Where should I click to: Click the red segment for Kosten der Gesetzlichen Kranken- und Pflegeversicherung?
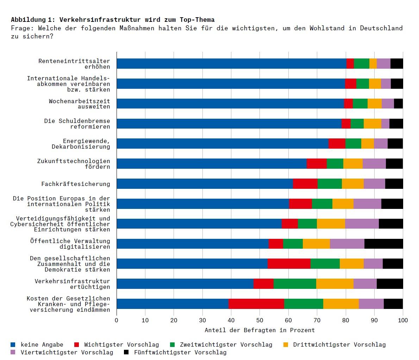256,304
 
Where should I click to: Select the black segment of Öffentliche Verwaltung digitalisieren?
383,244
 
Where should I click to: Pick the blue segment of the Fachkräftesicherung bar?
205,184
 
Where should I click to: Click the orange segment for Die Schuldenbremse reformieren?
372,124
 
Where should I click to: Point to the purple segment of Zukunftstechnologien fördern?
374,163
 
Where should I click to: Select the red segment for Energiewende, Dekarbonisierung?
337,144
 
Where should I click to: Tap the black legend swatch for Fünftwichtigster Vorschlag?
127,352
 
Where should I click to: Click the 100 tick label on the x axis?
403,320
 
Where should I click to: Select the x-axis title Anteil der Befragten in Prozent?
259,330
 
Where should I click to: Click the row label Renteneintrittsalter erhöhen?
74,64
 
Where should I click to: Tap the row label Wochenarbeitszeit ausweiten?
79,104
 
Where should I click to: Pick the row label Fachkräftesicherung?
75,184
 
